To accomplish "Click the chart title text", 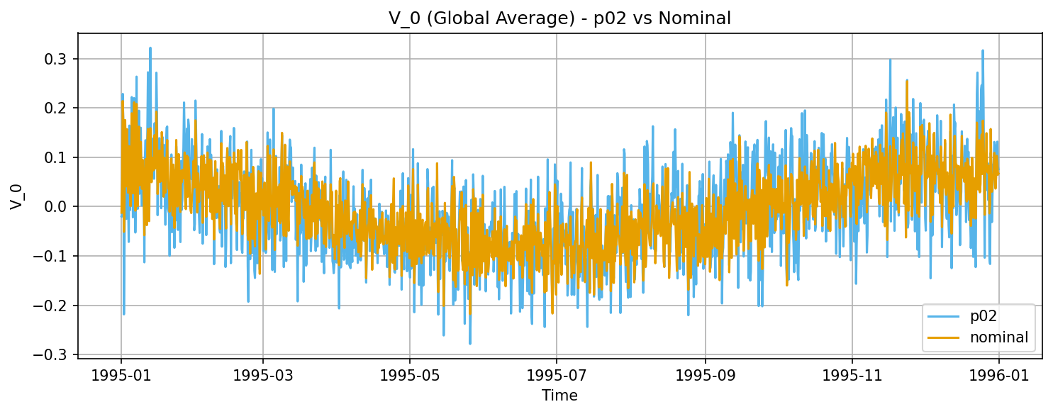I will (x=559, y=19).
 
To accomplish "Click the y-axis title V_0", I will (x=16, y=194).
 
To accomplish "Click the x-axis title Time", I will (x=559, y=396).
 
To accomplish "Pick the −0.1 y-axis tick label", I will (x=54, y=256).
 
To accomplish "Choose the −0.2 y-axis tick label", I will (x=54, y=306).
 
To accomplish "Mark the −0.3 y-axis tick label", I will (x=54, y=354).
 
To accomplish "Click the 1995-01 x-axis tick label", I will (x=121, y=374).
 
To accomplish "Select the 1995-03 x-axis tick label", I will (x=263, y=374).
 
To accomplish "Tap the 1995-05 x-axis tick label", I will (x=410, y=374).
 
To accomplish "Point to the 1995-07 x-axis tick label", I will (x=557, y=374).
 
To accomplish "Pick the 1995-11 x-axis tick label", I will (x=852, y=374).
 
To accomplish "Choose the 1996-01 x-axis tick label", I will (x=999, y=374).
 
